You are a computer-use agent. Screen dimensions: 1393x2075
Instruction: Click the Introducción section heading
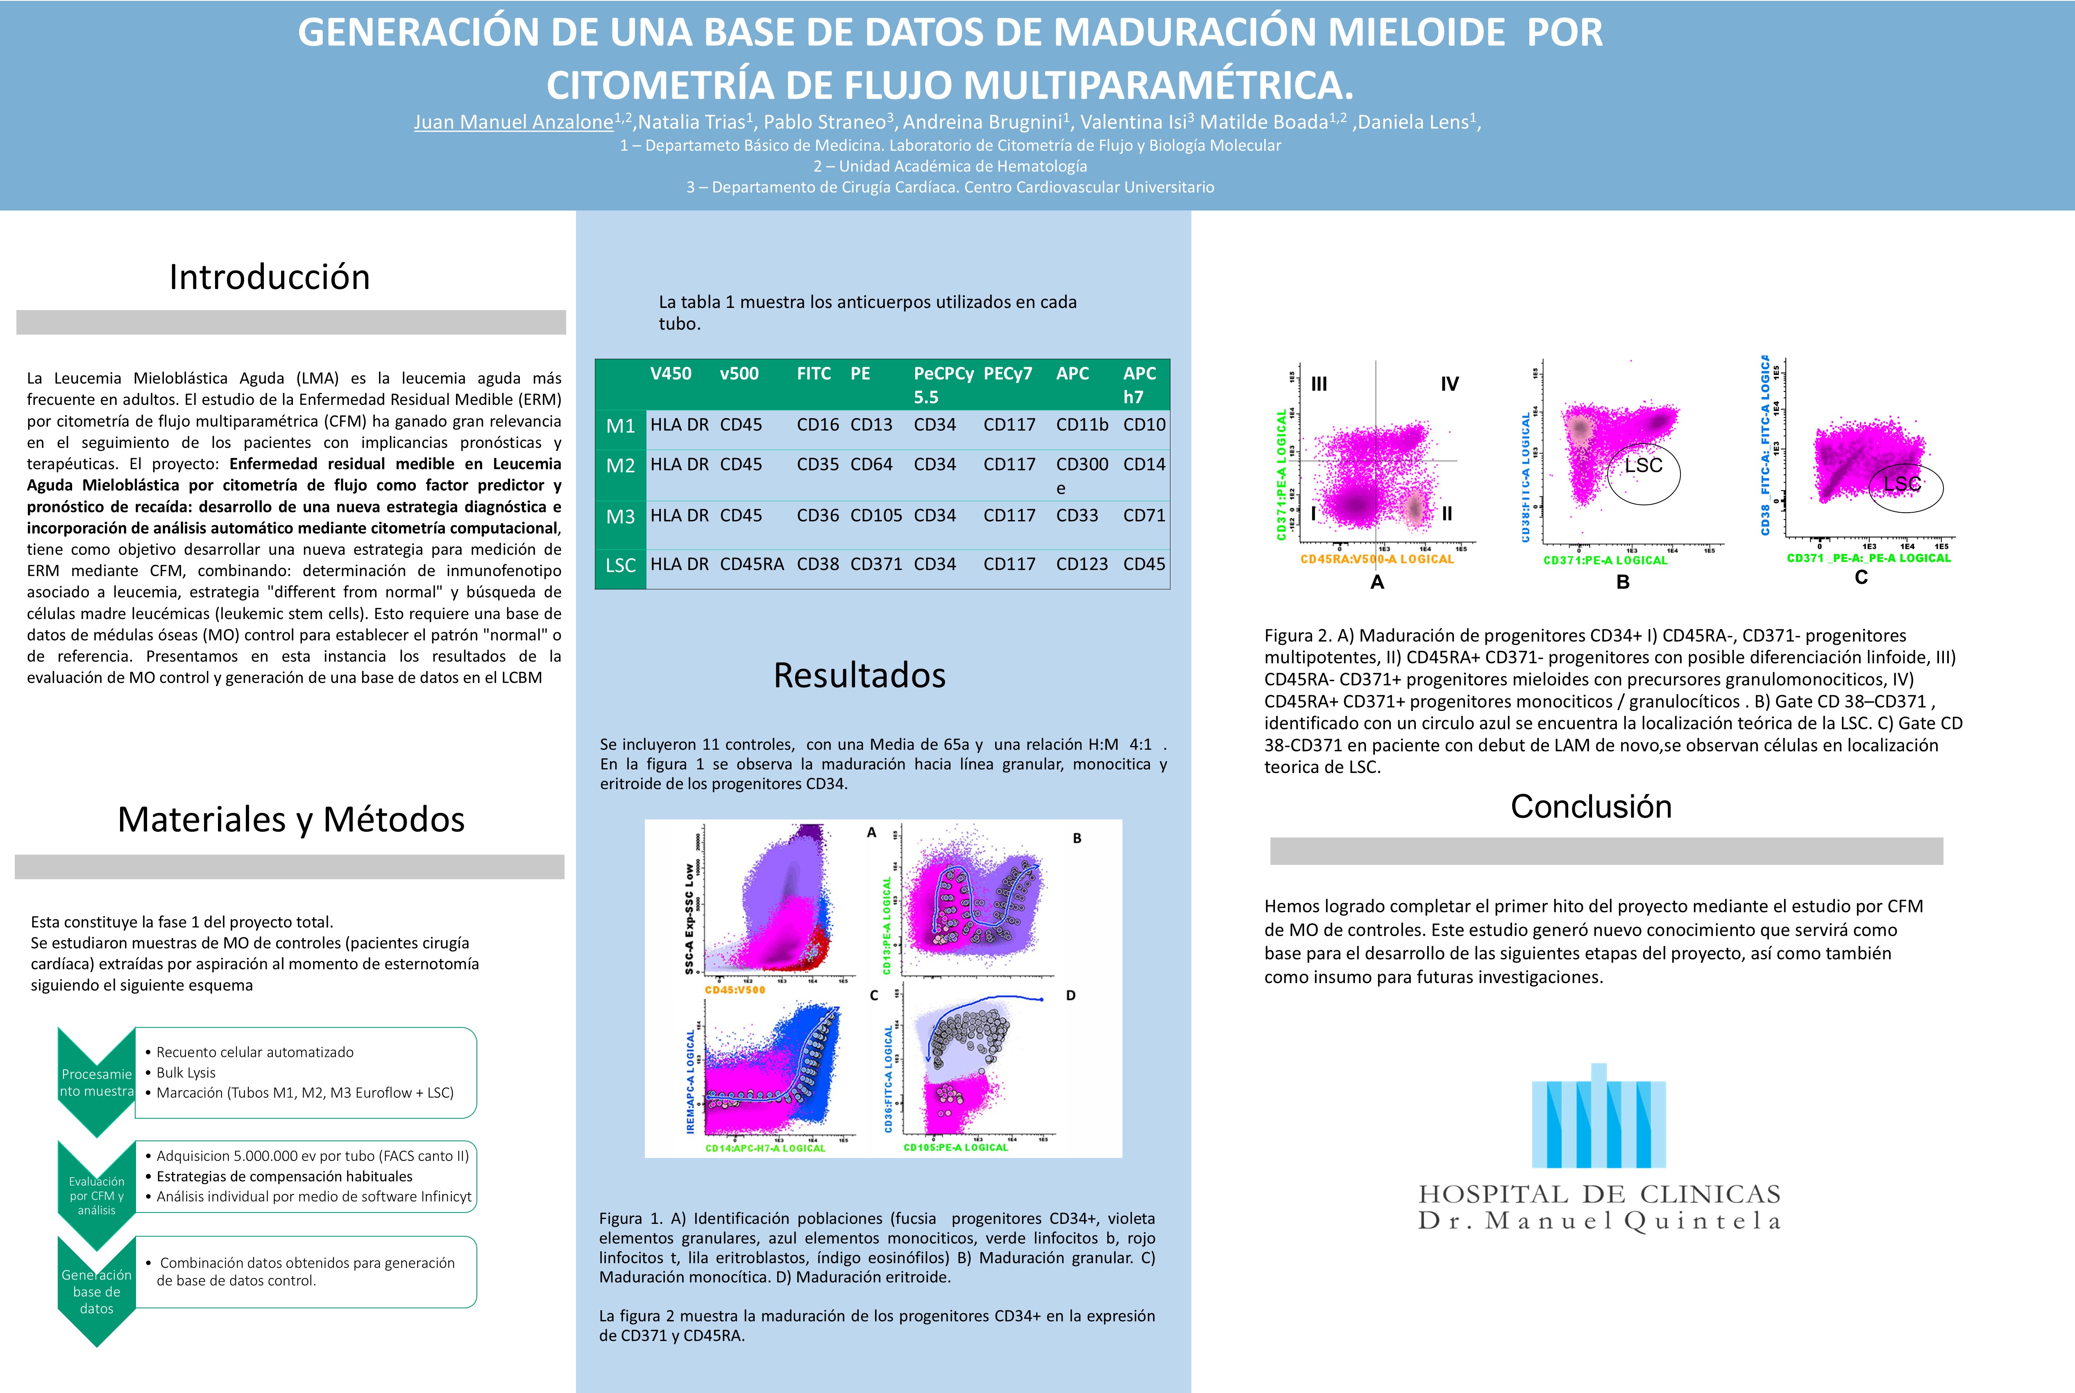pyautogui.click(x=269, y=277)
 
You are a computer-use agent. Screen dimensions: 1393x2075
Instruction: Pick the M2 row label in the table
pyautogui.click(x=620, y=466)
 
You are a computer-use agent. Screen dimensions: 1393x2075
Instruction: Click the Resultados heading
pyautogui.click(x=859, y=675)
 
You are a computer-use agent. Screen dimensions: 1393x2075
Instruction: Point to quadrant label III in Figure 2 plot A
pyautogui.click(x=1319, y=384)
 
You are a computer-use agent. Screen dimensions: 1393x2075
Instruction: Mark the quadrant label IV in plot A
pyautogui.click(x=1449, y=384)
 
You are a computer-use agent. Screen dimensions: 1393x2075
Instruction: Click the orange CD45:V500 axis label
pyautogui.click(x=735, y=990)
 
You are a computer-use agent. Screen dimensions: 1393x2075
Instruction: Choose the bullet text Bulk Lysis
pyautogui.click(x=186, y=1072)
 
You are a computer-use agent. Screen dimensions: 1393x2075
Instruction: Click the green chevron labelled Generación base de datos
pyautogui.click(x=96, y=1291)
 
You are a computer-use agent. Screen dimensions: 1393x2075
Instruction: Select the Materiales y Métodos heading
pyautogui.click(x=290, y=819)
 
